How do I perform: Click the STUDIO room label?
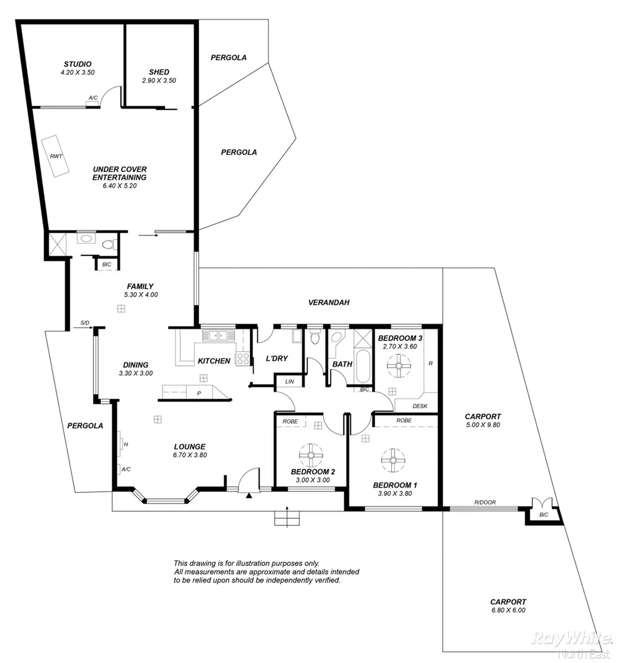[77, 64]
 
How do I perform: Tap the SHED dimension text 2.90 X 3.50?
[158, 80]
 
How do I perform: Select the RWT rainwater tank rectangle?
[56, 157]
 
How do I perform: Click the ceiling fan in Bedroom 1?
[393, 459]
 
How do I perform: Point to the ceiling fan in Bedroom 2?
[311, 455]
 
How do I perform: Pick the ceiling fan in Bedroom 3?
[398, 368]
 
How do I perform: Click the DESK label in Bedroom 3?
[420, 406]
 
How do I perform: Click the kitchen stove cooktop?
[243, 358]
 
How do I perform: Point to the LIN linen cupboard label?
[289, 382]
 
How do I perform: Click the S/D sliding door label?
[85, 323]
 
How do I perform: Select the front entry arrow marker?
[249, 495]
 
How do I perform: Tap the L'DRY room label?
[276, 359]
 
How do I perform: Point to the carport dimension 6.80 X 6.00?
[508, 611]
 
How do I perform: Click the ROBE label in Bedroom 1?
[404, 421]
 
